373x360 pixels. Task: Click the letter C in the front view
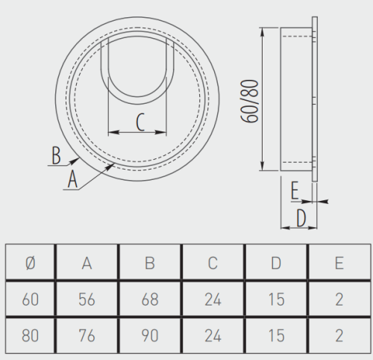pos(140,122)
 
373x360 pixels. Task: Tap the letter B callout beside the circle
pos(56,155)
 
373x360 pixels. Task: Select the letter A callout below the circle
pos(72,179)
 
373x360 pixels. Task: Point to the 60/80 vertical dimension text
pos(250,101)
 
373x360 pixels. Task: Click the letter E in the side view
pos(295,190)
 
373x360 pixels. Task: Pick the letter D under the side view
pos(301,218)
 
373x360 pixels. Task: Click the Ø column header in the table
pos(31,263)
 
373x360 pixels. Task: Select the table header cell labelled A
pos(87,263)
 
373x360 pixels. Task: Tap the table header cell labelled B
pos(150,263)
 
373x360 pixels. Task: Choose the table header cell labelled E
pos(339,263)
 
